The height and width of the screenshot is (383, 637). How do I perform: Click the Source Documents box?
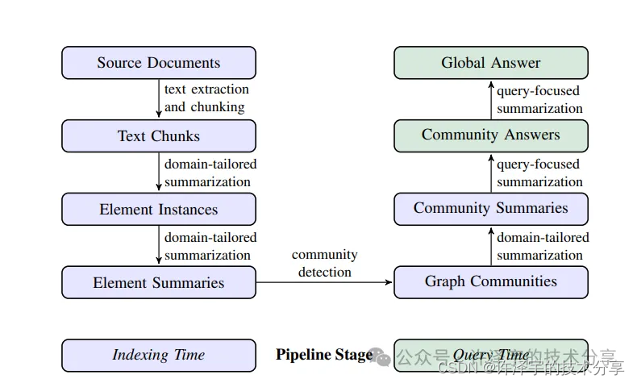(x=159, y=63)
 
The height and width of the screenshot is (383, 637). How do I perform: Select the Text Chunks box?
(x=159, y=136)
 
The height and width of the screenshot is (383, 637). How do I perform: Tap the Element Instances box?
(x=159, y=210)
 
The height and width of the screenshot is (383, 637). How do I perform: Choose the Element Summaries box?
(x=159, y=283)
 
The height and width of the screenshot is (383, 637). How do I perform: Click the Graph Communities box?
(x=490, y=282)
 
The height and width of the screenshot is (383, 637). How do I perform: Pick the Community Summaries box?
(x=490, y=209)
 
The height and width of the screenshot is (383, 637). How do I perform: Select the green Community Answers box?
(x=490, y=135)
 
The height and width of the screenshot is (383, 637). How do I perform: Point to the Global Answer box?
(x=490, y=63)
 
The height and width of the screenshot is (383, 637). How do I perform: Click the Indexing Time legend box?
(x=159, y=355)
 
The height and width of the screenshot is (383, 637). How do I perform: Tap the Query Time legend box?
(x=490, y=355)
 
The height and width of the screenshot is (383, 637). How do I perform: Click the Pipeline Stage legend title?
(x=324, y=355)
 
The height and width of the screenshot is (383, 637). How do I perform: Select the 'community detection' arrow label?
(x=324, y=264)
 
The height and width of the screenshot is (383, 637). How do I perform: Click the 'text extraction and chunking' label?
(x=206, y=98)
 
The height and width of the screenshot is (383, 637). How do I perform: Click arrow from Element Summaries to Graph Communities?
(x=324, y=283)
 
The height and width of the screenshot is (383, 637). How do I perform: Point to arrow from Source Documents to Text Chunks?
(x=159, y=99)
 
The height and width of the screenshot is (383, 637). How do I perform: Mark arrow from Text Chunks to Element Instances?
(x=159, y=173)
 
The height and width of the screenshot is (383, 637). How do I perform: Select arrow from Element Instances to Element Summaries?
(x=159, y=246)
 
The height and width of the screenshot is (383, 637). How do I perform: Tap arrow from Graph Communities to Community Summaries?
(x=490, y=246)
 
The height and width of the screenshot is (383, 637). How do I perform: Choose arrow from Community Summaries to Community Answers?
(x=490, y=173)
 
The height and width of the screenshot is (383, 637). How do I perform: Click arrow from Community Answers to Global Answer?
(x=490, y=99)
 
